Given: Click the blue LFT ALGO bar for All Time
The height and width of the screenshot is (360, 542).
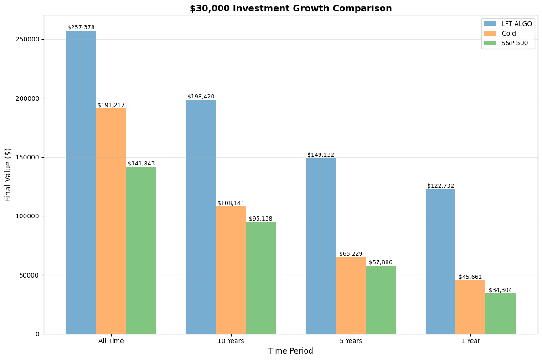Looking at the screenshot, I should tap(81, 182).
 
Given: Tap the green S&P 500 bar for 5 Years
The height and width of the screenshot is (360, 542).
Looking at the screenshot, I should tap(381, 300).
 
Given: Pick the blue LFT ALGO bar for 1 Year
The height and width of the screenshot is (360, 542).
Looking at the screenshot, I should tap(440, 262).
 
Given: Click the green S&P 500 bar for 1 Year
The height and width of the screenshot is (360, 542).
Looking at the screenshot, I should tap(501, 314).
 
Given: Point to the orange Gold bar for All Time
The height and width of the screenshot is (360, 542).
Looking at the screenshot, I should tap(111, 221).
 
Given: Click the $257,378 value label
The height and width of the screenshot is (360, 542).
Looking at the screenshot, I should tap(81, 27).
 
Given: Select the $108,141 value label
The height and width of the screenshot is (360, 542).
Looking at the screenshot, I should tap(231, 203).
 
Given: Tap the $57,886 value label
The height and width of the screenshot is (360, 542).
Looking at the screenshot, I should tap(381, 262).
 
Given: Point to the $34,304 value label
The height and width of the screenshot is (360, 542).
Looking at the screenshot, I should tap(501, 290).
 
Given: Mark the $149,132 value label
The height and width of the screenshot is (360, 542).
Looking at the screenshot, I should tap(320, 155).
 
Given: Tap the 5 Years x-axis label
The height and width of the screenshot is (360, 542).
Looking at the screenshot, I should tap(351, 341).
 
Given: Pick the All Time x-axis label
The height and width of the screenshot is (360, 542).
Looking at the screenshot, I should tap(111, 341).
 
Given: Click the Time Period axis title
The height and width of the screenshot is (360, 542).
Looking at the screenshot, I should tap(290, 351).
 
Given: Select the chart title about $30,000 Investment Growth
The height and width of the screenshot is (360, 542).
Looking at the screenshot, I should tap(290, 8).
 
